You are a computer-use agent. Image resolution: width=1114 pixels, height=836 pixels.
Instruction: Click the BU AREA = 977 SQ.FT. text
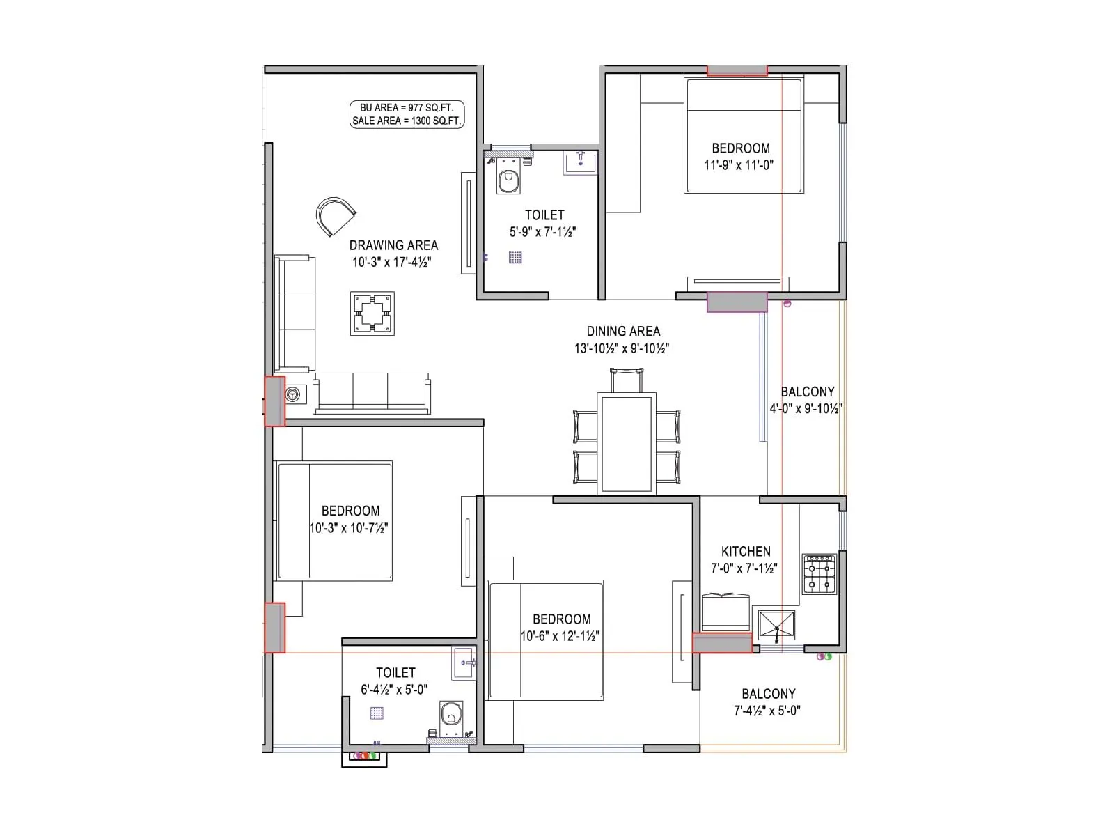pyautogui.click(x=406, y=108)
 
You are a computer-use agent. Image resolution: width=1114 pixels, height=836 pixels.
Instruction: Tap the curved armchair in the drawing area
pyautogui.click(x=334, y=216)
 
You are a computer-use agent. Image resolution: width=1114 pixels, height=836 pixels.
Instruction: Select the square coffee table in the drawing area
pyautogui.click(x=372, y=313)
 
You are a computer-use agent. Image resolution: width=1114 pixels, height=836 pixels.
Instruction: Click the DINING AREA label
pyautogui.click(x=623, y=332)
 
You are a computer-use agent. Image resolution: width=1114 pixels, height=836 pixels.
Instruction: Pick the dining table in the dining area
pyautogui.click(x=627, y=444)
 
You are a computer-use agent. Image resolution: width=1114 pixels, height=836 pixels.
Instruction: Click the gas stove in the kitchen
pyautogui.click(x=819, y=574)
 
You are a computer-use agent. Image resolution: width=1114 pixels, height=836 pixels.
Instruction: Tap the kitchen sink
pyautogui.click(x=776, y=625)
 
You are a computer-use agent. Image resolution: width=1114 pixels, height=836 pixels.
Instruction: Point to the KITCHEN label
pyautogui.click(x=746, y=551)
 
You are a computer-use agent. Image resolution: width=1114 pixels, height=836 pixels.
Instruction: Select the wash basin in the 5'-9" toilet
pyautogui.click(x=580, y=163)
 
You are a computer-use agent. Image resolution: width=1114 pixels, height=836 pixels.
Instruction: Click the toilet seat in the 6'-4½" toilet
pyautogui.click(x=450, y=714)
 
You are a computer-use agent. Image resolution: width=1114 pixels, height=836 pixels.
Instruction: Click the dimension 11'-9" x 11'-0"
pyautogui.click(x=739, y=165)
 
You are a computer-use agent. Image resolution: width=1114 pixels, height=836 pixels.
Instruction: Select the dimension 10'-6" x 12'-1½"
pyautogui.click(x=560, y=636)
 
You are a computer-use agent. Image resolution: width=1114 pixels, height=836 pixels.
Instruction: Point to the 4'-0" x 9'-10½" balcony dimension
pyautogui.click(x=806, y=409)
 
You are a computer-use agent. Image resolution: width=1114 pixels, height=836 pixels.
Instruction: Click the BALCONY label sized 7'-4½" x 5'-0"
pyautogui.click(x=768, y=694)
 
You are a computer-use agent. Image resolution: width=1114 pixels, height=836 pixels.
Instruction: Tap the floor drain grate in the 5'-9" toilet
pyautogui.click(x=515, y=257)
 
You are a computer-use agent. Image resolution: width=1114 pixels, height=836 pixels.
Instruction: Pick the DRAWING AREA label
pyautogui.click(x=393, y=245)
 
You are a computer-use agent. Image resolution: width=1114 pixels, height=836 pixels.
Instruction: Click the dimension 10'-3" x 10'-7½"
pyautogui.click(x=349, y=528)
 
